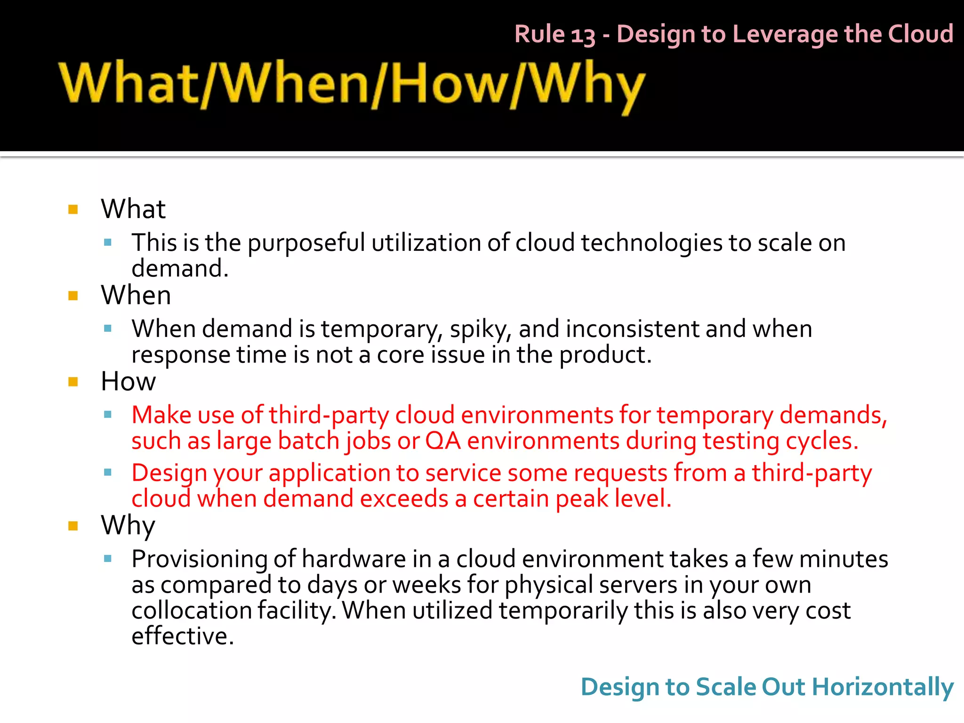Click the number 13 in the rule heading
pos(583,35)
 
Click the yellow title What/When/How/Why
pos(352,85)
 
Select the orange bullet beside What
pos(73,209)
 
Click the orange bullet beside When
pos(73,296)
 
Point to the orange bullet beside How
pos(73,382)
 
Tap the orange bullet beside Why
pos(73,526)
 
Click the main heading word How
pos(128,381)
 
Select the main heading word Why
pos(128,525)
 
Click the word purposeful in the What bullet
pos(306,243)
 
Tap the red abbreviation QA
pos(443,442)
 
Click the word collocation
pos(192,611)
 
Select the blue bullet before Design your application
pos(108,472)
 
